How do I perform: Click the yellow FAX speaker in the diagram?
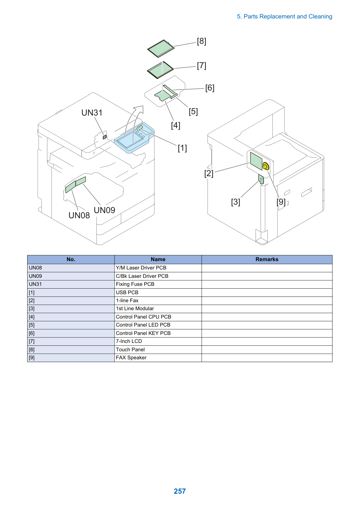point(265,166)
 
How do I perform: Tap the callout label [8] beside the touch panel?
point(202,41)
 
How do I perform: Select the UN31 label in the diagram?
point(92,113)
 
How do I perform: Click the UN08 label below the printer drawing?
point(79,215)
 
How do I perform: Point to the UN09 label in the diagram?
point(104,210)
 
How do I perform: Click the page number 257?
point(180,491)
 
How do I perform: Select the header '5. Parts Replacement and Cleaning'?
point(284,16)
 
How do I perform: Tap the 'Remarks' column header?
point(267,259)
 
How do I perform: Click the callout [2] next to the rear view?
point(209,174)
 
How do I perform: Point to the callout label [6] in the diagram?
point(210,88)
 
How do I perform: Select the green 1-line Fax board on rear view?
point(256,161)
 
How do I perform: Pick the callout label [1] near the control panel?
point(182,148)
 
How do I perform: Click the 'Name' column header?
point(158,259)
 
